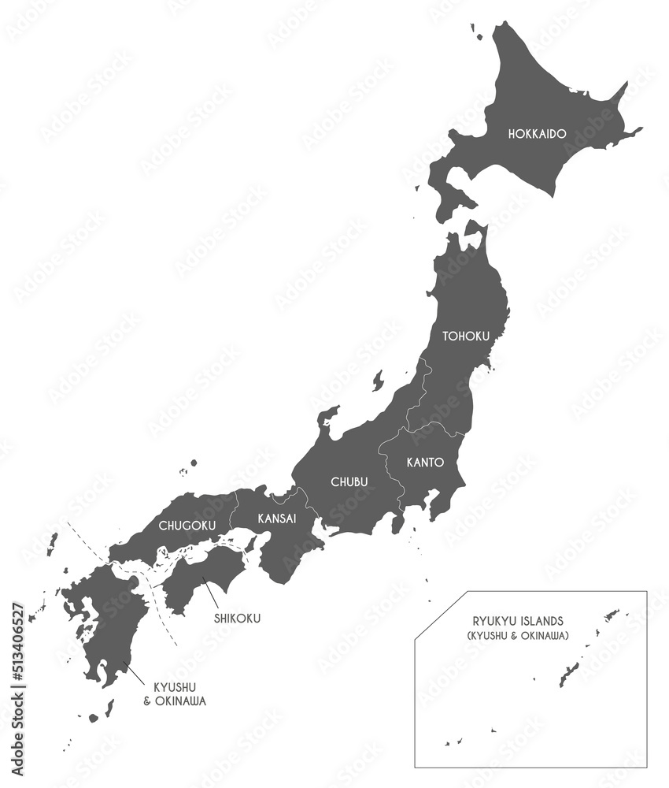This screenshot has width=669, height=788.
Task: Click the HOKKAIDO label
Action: [x=537, y=134]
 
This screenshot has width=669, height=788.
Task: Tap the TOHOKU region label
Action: [x=466, y=336]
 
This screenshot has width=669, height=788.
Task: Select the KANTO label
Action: [x=425, y=463]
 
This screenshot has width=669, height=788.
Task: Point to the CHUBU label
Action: [x=349, y=481]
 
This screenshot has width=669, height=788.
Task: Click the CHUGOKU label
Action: [x=183, y=525]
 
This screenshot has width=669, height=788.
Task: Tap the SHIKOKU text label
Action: [x=237, y=618]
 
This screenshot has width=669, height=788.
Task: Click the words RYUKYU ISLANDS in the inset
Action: [x=518, y=621]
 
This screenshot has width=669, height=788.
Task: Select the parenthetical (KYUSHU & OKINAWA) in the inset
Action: [x=518, y=635]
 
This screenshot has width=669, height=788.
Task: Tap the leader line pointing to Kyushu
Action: [x=135, y=674]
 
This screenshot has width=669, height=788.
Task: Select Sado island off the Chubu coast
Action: [x=378, y=381]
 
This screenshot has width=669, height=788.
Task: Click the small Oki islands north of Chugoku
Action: [x=191, y=465]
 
